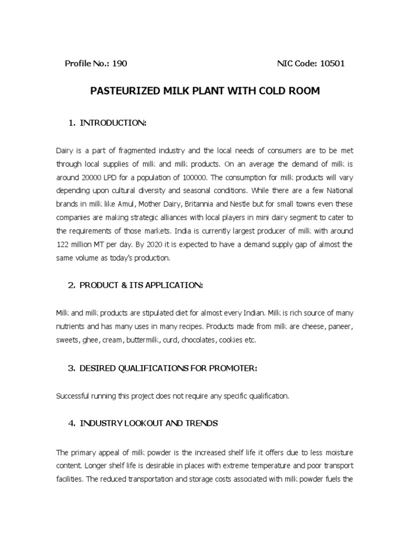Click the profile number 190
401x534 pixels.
(x=119, y=64)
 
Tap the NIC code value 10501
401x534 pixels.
(x=332, y=64)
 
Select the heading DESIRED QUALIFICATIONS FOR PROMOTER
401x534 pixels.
(x=168, y=368)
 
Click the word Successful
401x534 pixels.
(x=73, y=396)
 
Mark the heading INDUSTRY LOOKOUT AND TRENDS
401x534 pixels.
(x=148, y=423)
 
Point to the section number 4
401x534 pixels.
(x=71, y=423)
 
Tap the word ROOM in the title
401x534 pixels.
(x=304, y=91)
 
